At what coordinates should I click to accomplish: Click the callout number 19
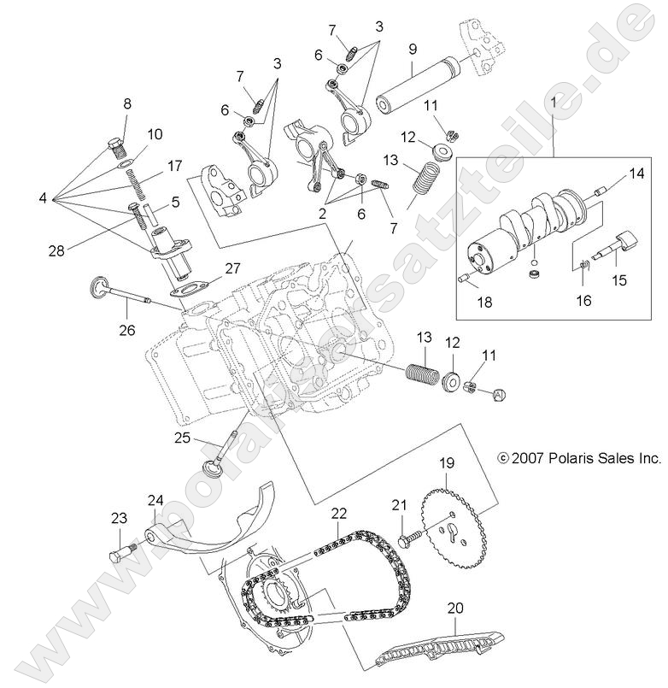tap(447, 464)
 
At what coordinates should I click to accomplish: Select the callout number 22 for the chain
tap(339, 513)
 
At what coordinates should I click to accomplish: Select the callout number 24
tap(155, 500)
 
